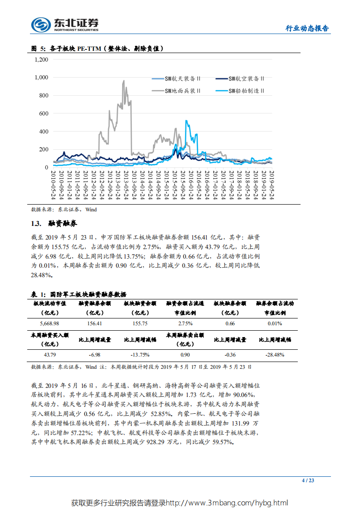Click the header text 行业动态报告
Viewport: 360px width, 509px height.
click(307, 28)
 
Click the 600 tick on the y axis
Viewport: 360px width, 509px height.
click(43, 113)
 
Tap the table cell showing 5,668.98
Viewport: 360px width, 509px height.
click(50, 323)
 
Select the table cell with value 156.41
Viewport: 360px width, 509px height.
click(95, 323)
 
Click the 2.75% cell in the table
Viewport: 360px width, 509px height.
click(185, 323)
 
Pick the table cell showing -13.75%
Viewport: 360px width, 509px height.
click(140, 355)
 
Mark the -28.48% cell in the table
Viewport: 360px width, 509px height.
click(275, 355)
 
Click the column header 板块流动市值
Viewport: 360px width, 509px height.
click(50, 303)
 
